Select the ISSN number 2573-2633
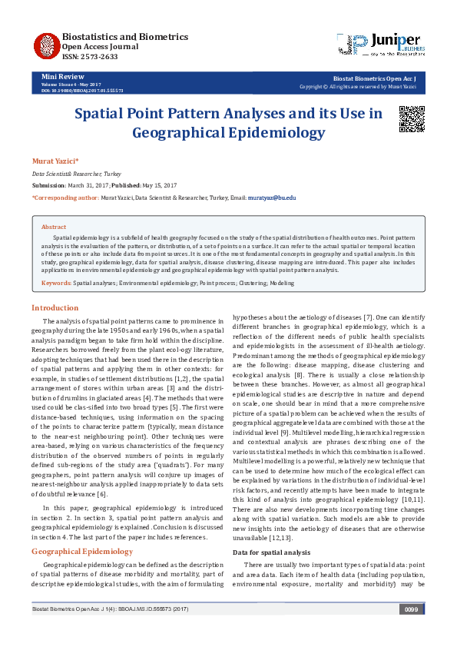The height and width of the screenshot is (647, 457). pyautogui.click(x=80, y=57)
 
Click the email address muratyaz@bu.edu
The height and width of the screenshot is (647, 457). pyautogui.click(x=272, y=198)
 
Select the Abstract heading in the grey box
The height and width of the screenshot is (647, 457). pyautogui.click(x=54, y=227)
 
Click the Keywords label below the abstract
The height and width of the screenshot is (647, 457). pyautogui.click(x=57, y=284)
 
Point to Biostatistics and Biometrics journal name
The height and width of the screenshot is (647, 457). pyautogui.click(x=124, y=36)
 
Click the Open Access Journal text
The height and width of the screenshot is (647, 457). pyautogui.click(x=100, y=46)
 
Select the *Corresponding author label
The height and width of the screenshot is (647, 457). pyautogui.click(x=65, y=198)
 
